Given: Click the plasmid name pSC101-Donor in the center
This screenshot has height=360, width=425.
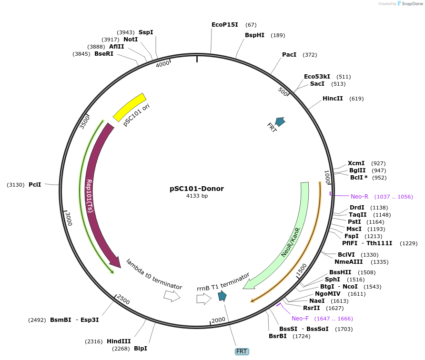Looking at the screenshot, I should point(197,189).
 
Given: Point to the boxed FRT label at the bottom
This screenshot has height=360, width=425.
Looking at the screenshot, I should point(242,351).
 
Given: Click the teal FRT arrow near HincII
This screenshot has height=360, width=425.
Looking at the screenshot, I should point(280,121).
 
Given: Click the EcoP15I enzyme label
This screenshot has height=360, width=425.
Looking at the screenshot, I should point(225,25).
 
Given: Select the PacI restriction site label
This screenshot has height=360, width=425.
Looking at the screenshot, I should point(289,55).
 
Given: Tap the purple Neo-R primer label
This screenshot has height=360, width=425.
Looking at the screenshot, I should point(360,197).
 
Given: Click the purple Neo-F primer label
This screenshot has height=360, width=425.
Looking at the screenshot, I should point(300,319).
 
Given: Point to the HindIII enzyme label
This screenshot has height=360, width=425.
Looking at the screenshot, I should point(116,341).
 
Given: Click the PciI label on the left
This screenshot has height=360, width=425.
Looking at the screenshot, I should point(35,184).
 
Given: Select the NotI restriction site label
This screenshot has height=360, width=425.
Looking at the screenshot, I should point(131,39).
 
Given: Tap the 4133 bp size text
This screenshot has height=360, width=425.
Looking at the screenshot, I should point(197,196).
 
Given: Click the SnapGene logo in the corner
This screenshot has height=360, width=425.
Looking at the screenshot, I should point(409,4).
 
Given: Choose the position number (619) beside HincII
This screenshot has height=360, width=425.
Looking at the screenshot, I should point(356,99).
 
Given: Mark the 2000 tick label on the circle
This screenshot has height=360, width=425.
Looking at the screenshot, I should point(218,320).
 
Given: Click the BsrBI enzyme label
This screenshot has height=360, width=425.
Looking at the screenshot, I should point(278,336).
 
